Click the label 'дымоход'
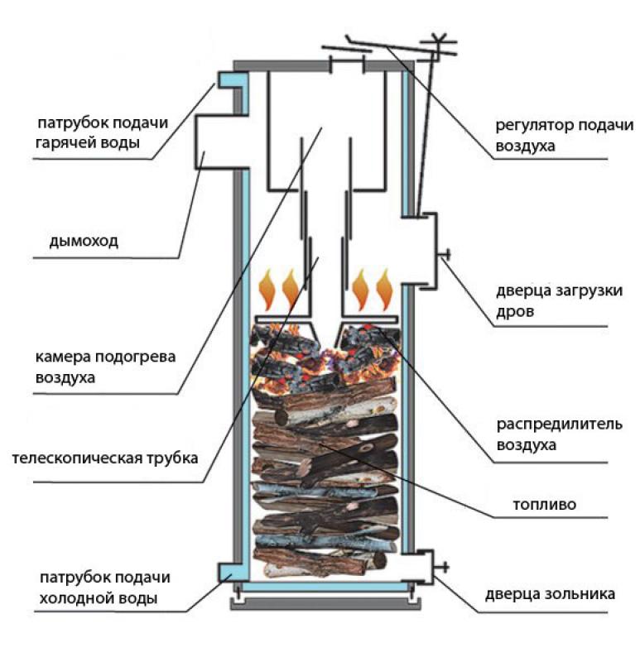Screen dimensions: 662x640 (x=84, y=242)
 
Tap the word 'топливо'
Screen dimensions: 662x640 (x=543, y=502)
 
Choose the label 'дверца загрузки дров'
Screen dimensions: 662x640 (x=559, y=301)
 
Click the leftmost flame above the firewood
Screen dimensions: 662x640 (x=268, y=288)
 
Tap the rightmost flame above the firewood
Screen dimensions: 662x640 (x=384, y=288)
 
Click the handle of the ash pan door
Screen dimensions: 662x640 (x=445, y=567)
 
